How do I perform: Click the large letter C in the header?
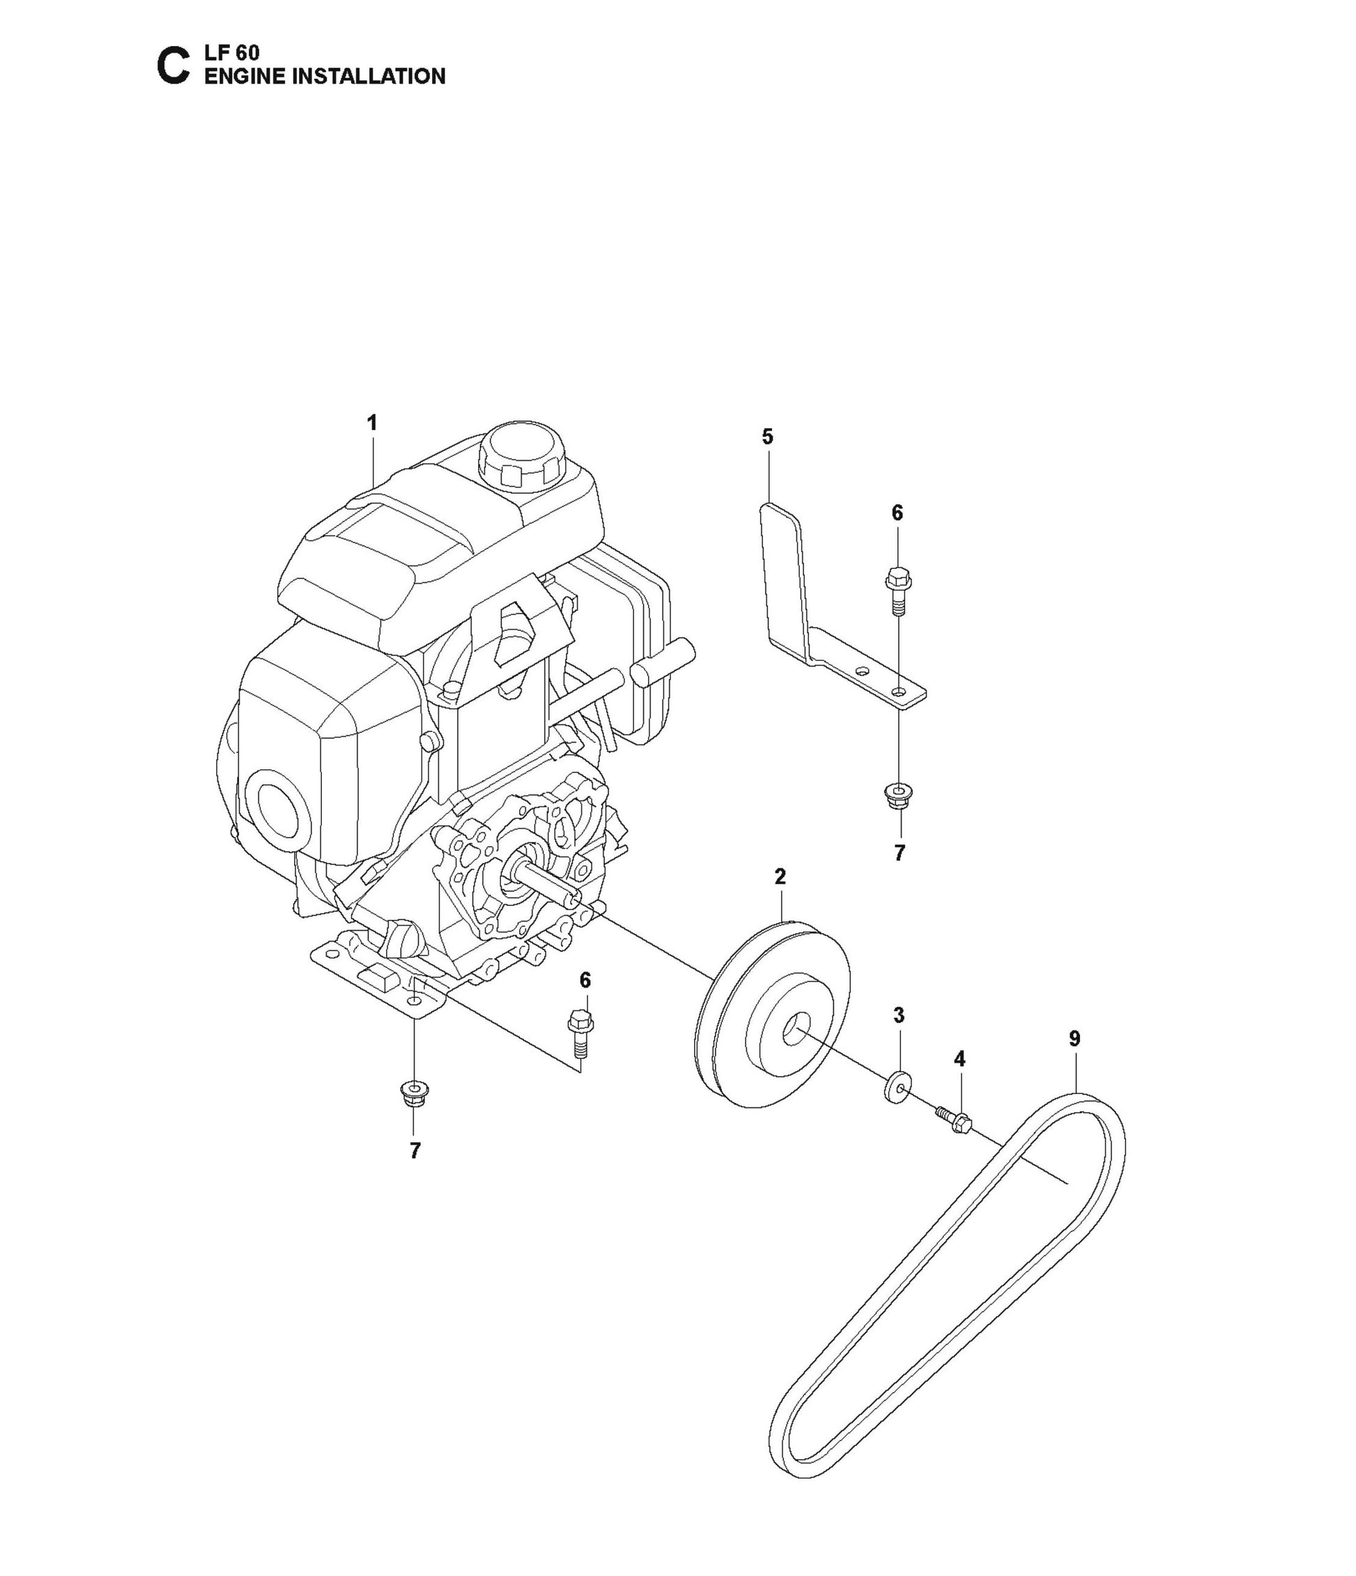tap(172, 66)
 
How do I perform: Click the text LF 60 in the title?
tap(232, 52)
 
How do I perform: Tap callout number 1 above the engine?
tap(372, 423)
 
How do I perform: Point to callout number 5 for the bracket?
tap(767, 437)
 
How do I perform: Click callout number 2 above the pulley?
tap(780, 876)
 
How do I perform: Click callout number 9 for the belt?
tap(1074, 1038)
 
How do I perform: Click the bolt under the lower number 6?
tap(581, 1032)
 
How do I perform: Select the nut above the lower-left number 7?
tap(413, 1094)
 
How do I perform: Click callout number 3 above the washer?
tap(899, 1015)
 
